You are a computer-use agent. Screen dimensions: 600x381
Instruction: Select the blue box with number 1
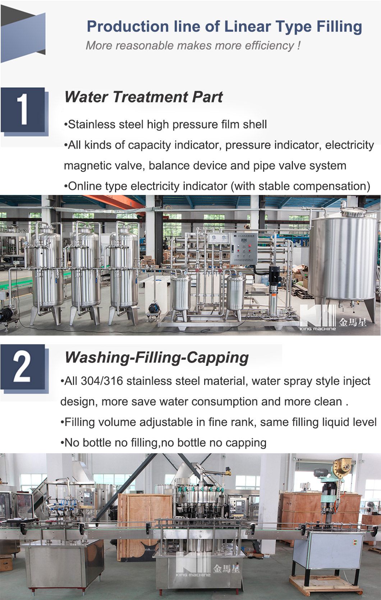pos(23,109)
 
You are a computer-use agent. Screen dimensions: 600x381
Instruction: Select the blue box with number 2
pos(23,368)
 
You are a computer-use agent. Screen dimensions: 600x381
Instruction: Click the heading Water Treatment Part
pos(143,97)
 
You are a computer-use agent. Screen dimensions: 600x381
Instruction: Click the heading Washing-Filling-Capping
pos(156,357)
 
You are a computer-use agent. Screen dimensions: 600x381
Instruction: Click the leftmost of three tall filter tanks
pos(46,270)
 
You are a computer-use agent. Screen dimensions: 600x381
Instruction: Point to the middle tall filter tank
pos(85,270)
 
